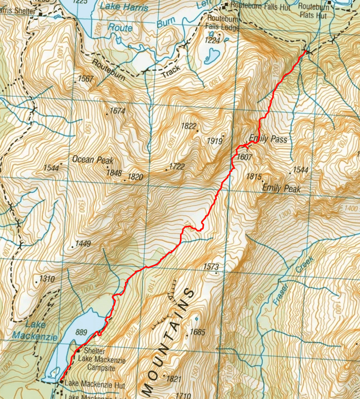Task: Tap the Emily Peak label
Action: [281, 188]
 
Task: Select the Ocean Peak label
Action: [93, 160]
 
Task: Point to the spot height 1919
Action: [215, 141]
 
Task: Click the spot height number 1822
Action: [189, 127]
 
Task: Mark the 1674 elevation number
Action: [117, 111]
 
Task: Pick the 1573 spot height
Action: [211, 267]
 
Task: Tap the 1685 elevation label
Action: [198, 332]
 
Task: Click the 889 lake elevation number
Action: [81, 333]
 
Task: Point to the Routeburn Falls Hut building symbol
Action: [227, 5]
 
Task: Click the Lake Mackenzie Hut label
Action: [94, 385]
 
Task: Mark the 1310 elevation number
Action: [47, 279]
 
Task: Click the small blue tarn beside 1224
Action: [210, 57]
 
